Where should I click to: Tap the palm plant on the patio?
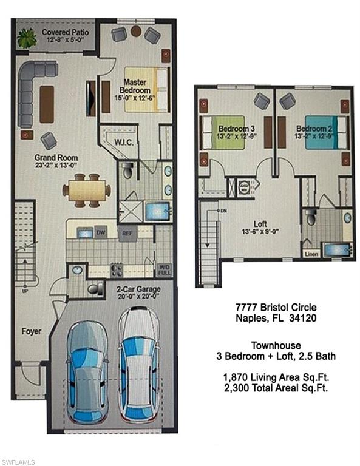pyautogui.click(x=27, y=38)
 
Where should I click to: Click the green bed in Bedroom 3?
pyautogui.click(x=224, y=132)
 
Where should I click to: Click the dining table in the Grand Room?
pyautogui.click(x=87, y=190)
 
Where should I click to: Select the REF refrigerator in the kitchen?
pyautogui.click(x=127, y=232)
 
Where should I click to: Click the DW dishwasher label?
pyautogui.click(x=100, y=232)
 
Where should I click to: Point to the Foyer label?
pyautogui.click(x=31, y=331)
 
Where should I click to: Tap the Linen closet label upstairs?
pyautogui.click(x=310, y=254)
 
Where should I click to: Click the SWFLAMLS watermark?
pyautogui.click(x=20, y=459)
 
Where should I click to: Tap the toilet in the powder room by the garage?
pyautogui.click(x=95, y=288)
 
